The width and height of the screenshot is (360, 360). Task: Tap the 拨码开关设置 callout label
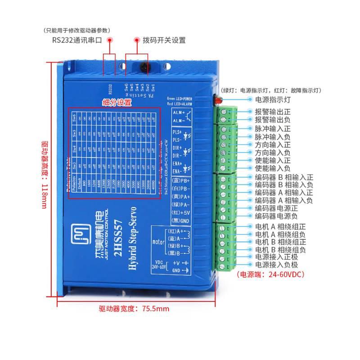point(164,40)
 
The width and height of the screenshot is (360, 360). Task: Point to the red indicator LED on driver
point(216,100)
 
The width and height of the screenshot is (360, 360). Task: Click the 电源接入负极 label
point(276,265)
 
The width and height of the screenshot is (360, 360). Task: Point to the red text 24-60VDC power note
point(270,274)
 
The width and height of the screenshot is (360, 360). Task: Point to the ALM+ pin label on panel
point(179,113)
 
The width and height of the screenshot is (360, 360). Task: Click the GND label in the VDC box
point(176,270)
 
